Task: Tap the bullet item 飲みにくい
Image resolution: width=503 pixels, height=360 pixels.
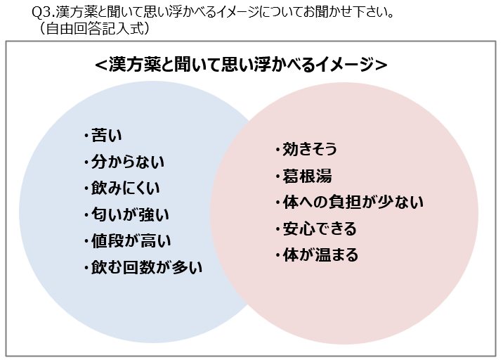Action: tap(126, 188)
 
